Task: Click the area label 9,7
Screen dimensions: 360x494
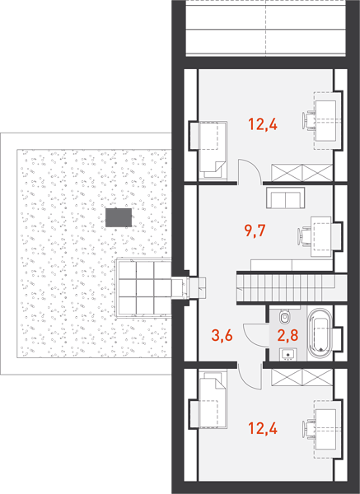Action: tap(255, 231)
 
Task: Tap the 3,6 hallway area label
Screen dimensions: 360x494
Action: tap(222, 335)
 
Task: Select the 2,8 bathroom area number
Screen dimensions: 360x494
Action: tap(288, 335)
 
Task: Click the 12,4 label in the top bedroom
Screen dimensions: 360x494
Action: tap(263, 124)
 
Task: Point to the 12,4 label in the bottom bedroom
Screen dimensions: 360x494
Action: tap(263, 428)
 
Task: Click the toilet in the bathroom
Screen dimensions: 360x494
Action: tap(285, 316)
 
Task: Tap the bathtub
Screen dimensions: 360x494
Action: tap(320, 335)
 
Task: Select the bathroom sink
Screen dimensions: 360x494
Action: tap(288, 354)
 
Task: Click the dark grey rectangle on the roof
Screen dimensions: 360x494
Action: tap(119, 217)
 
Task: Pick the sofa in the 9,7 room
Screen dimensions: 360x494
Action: tap(285, 198)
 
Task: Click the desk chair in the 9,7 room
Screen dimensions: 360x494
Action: tap(304, 236)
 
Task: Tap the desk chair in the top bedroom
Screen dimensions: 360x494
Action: tap(309, 121)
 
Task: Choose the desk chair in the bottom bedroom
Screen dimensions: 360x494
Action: tap(309, 429)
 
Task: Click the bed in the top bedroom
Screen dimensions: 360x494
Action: tap(213, 151)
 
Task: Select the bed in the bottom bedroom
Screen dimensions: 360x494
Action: tap(213, 399)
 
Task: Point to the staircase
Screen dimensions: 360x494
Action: tap(292, 287)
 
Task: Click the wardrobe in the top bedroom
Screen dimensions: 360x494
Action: tap(302, 173)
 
